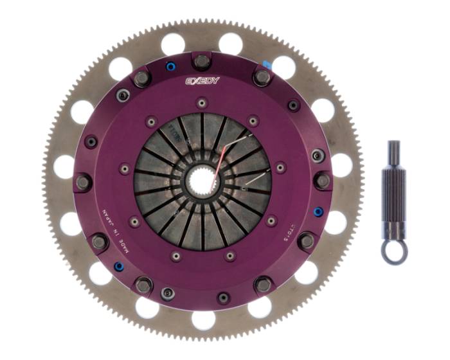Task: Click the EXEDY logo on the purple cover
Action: tap(203, 81)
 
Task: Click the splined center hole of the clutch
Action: tap(203, 179)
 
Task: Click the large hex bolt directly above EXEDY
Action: tap(203, 62)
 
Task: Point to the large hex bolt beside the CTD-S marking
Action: tap(307, 241)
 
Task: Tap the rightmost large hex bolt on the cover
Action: tap(323, 181)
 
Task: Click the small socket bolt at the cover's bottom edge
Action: tap(223, 298)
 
